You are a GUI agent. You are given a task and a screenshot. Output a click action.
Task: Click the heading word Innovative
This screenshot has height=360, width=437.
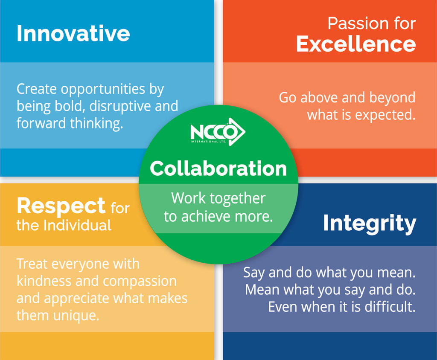pos(73,34)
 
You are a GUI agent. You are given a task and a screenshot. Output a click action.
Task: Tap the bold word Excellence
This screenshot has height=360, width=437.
pos(356,44)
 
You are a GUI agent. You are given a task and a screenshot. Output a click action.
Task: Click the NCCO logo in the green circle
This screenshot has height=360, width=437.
pos(218,131)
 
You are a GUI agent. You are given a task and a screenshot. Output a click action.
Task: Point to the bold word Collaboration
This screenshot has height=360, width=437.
pos(218,168)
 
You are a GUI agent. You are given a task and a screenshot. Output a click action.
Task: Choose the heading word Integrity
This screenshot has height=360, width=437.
pos(370,224)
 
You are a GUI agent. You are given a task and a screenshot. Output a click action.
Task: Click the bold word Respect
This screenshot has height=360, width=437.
pos(61,206)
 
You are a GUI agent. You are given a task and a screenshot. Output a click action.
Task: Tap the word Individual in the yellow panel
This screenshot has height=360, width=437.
pos(78,225)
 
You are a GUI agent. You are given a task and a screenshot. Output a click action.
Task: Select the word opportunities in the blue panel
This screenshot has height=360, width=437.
pos(103,90)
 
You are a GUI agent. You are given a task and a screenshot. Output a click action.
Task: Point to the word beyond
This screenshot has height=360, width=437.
pos(393,98)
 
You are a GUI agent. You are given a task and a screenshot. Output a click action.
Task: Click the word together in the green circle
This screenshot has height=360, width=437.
pos(237,199)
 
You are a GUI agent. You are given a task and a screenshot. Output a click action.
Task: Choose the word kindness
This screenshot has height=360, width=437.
pos(44,281)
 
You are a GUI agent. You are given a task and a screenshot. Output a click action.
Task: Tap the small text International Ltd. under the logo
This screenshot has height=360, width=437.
pos(208,142)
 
